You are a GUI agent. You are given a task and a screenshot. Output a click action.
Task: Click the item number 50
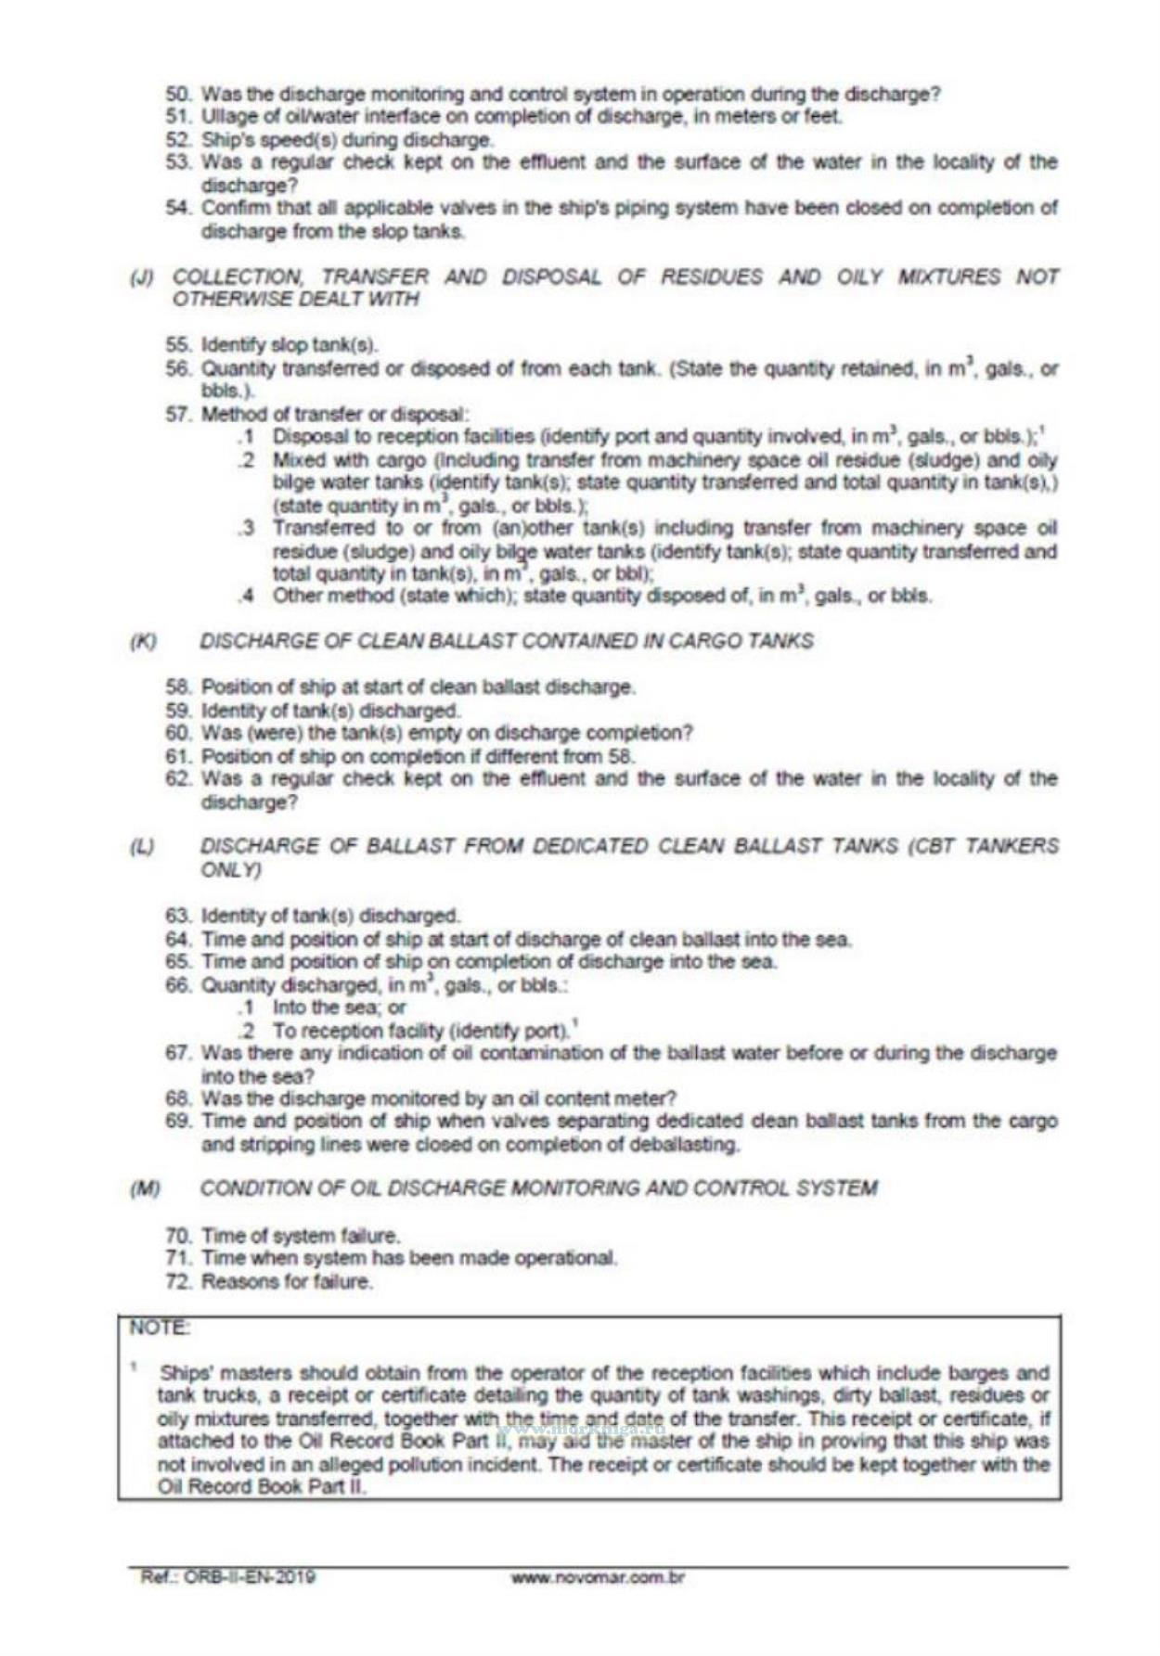[177, 95]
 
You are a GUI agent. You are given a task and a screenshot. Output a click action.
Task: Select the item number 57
[177, 415]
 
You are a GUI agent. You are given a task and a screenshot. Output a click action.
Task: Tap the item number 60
[177, 733]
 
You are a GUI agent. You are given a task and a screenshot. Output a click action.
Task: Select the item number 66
[177, 985]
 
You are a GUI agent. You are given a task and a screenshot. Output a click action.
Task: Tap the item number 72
[178, 1282]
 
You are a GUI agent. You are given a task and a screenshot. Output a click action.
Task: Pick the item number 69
[177, 1122]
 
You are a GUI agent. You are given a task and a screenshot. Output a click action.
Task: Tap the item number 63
[177, 917]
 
